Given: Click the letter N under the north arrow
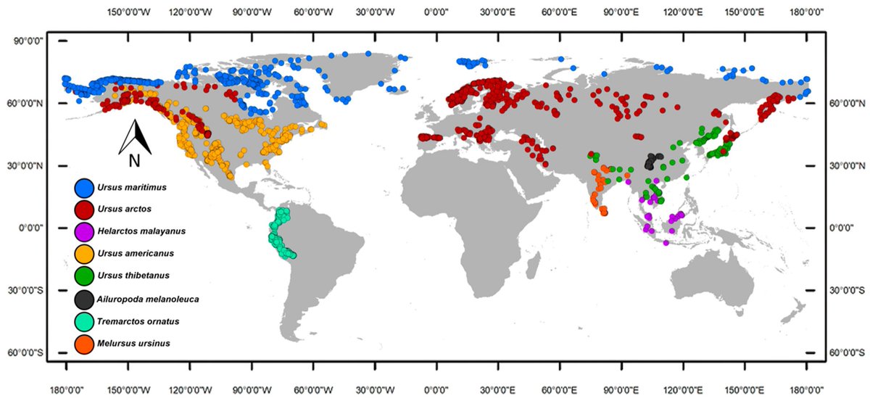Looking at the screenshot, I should click(x=135, y=160).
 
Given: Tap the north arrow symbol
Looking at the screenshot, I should click(x=135, y=137).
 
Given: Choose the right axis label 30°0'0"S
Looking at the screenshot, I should click(x=841, y=290).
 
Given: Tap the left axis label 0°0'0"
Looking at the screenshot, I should click(x=32, y=228).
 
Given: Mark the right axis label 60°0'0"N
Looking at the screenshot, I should click(x=841, y=104).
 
